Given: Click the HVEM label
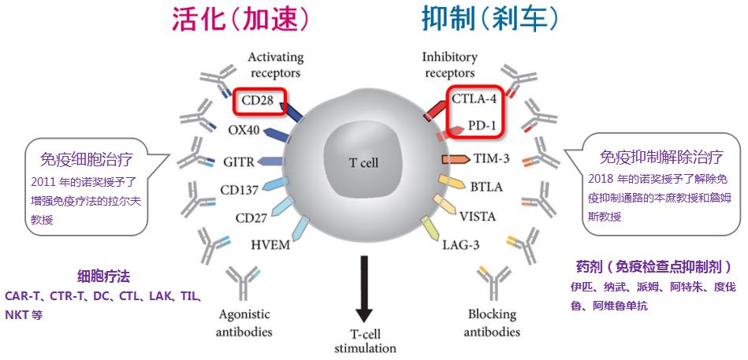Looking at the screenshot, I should (270, 244).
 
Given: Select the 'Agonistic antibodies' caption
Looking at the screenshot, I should (244, 323).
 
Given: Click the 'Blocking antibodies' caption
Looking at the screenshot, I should (491, 323).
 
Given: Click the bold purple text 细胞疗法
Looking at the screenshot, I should (103, 276).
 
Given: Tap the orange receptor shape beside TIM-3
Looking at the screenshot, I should (456, 159).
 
